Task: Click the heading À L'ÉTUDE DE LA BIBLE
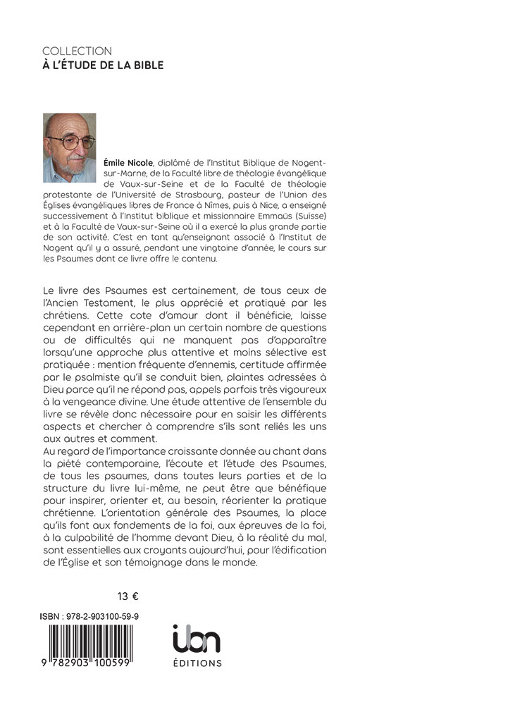(x=103, y=66)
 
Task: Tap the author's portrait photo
(x=70, y=147)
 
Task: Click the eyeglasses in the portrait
(x=78, y=141)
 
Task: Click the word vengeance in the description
(x=105, y=399)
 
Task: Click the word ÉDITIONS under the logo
(x=197, y=663)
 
